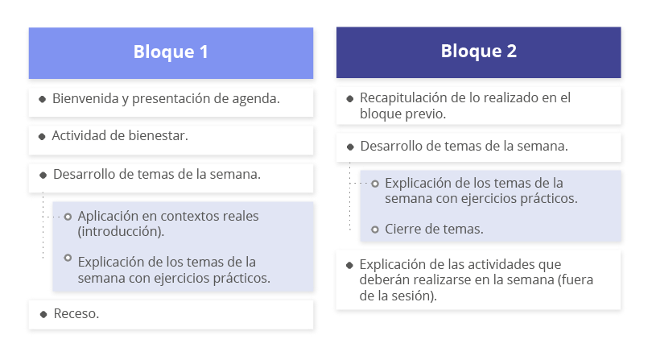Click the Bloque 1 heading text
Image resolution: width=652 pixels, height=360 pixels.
click(x=171, y=52)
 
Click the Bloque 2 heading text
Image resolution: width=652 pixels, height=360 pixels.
click(x=479, y=52)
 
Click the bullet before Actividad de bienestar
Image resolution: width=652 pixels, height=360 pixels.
click(x=42, y=136)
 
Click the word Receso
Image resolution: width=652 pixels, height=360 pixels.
click(x=76, y=313)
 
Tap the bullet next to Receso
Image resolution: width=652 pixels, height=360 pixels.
click(x=43, y=314)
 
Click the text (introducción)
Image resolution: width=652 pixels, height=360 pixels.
click(x=121, y=231)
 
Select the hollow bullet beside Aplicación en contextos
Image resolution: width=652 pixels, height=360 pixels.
click(x=68, y=217)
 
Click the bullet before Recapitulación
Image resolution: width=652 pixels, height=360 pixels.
click(x=349, y=98)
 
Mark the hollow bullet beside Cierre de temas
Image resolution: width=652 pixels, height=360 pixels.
click(x=374, y=230)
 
